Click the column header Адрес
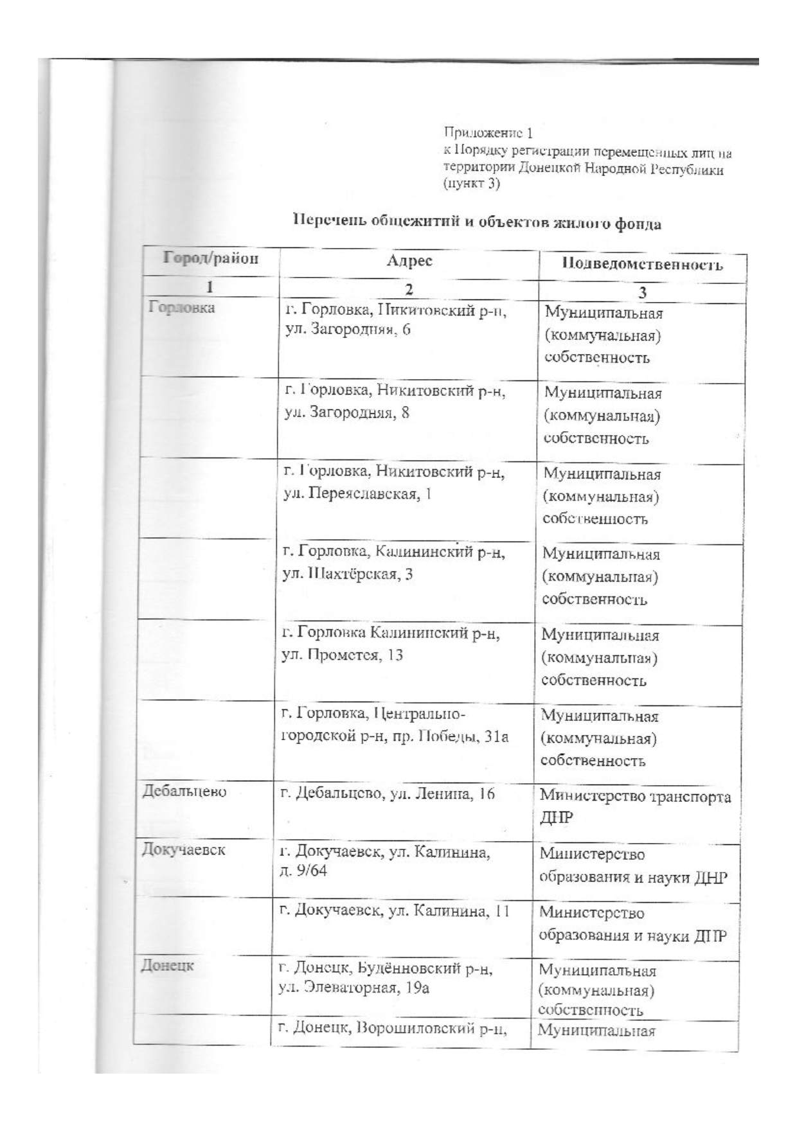point(409,260)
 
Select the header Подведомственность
point(642,264)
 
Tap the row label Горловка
point(182,307)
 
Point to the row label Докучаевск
point(184,849)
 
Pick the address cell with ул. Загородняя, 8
point(395,401)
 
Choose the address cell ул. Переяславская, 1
point(393,483)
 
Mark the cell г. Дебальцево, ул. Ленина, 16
point(388,794)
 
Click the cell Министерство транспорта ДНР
point(635,806)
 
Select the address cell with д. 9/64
point(384,862)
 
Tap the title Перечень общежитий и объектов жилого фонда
point(477,222)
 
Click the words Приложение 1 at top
point(488,133)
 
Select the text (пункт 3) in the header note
point(472,184)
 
